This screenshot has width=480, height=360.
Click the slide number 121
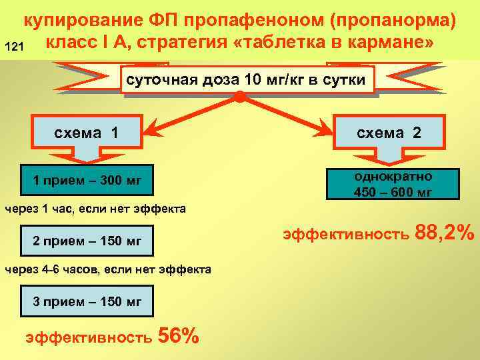pos(14,47)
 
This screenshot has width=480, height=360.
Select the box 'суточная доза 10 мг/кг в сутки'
pos(246,81)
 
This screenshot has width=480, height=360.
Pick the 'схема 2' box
pos(389,132)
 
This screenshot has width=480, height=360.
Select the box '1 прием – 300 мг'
pos(87,180)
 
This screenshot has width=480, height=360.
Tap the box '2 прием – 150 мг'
pos(87,241)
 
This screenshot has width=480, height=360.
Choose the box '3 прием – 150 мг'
pos(87,301)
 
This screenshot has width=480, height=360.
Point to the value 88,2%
pos(445,233)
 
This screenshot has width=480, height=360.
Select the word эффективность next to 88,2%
pos(345,235)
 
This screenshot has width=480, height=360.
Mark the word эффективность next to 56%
pos(88,338)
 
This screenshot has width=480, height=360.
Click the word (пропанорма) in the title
pos(393,21)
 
